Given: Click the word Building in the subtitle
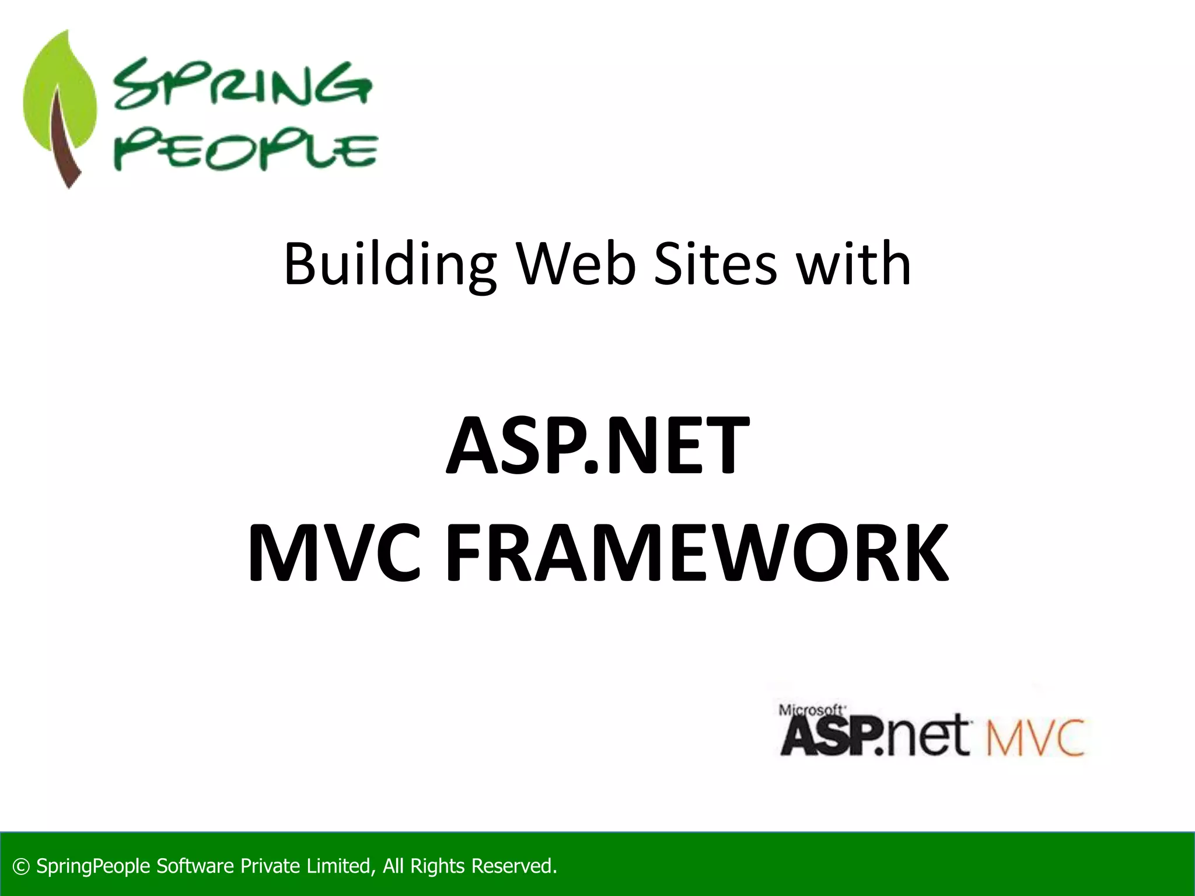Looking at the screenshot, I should coord(390,265).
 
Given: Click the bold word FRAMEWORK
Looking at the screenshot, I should coord(697,553).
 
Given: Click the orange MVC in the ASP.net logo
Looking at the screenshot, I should coord(1035,738).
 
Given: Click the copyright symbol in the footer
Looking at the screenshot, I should coord(21,866).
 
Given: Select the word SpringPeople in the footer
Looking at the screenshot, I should coord(93,866).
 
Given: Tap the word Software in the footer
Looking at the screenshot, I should coord(195,866).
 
